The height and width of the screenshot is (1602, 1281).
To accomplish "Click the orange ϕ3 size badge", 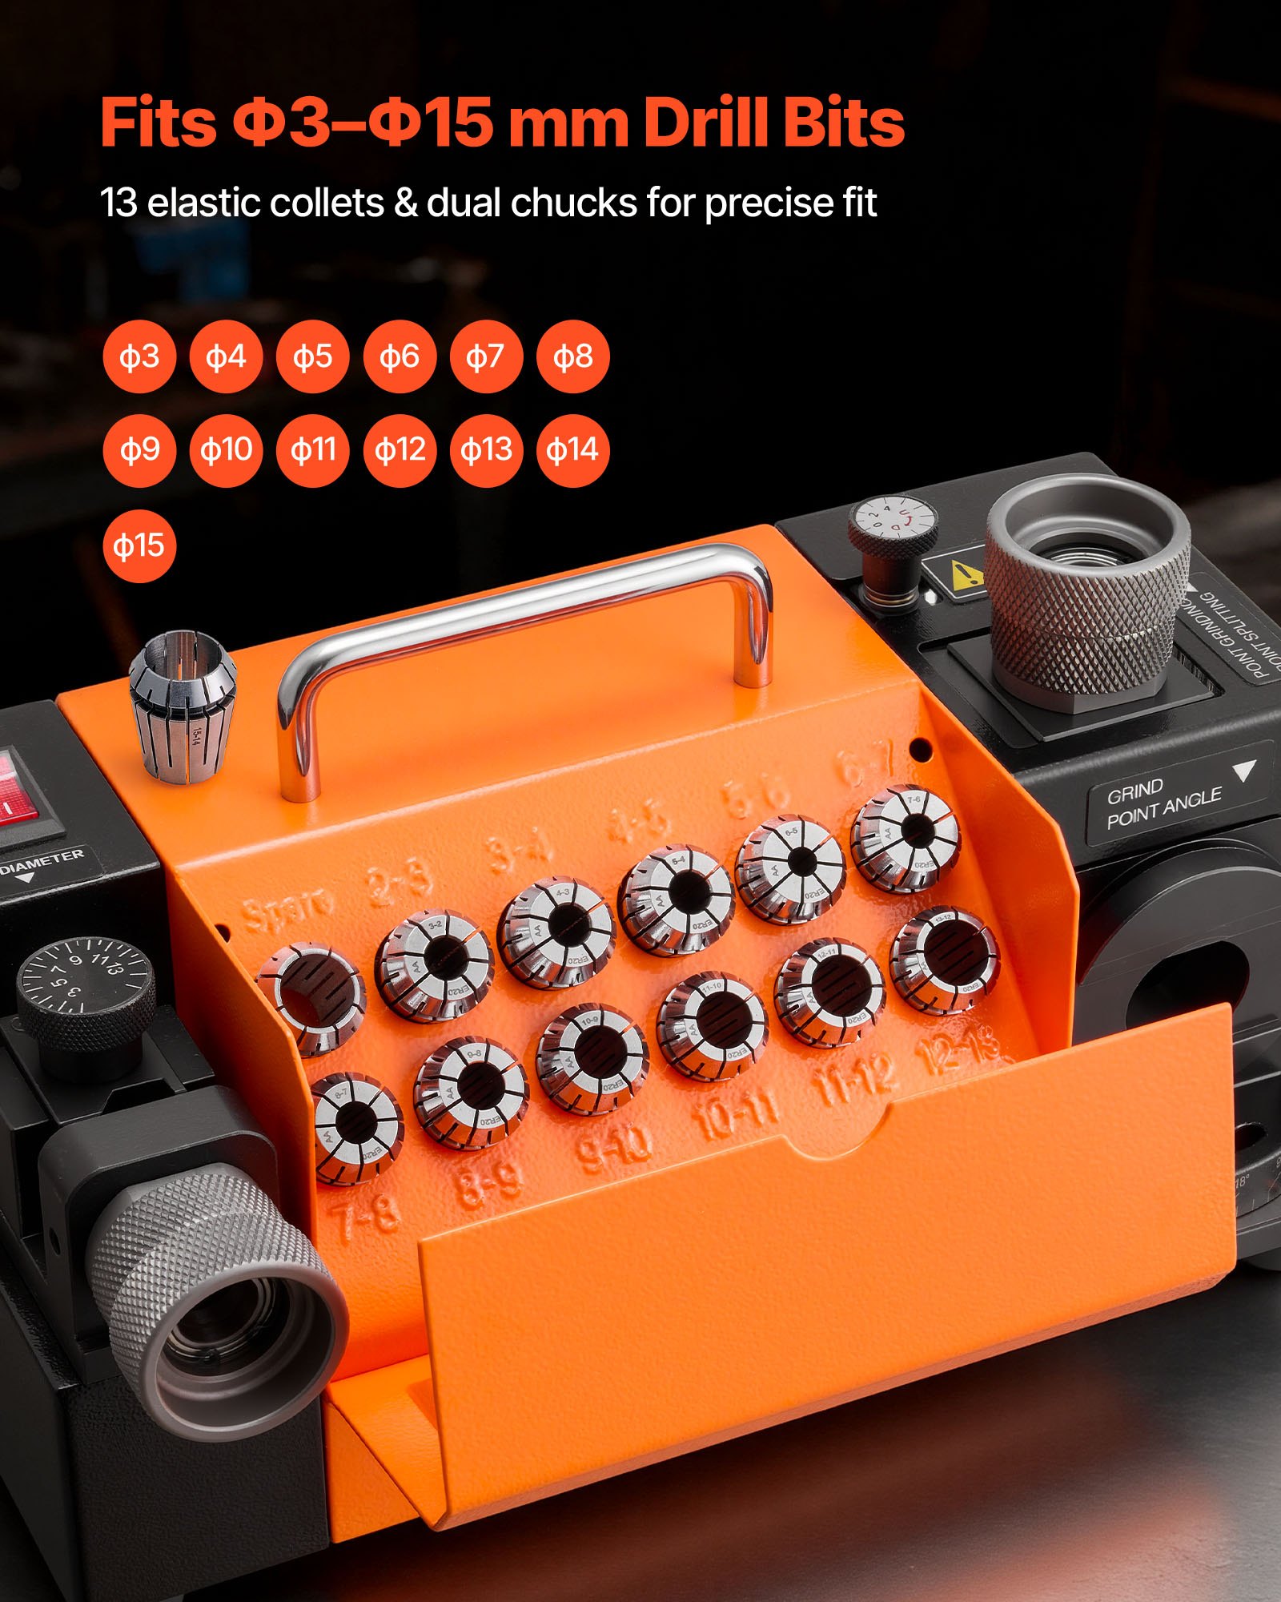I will pos(139,356).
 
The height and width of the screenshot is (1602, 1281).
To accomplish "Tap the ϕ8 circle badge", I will pos(572,356).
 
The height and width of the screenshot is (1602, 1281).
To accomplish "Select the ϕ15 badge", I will pos(139,545).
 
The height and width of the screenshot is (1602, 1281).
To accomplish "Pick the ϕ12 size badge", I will pos(400,449).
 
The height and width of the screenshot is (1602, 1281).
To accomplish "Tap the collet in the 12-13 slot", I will pos(945,960).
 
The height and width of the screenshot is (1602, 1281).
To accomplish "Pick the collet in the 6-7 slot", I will pos(906,837).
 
